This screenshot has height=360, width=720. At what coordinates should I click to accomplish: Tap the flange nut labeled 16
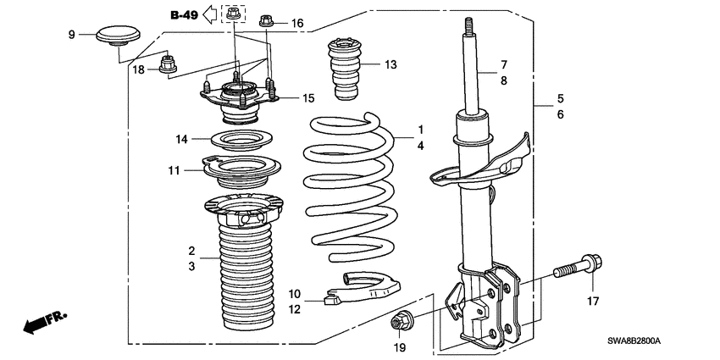point(266,21)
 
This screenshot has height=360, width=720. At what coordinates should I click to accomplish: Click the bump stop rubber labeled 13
point(342,68)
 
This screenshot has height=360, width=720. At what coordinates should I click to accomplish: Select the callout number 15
point(308,99)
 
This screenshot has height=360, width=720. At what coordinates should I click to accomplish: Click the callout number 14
point(181,138)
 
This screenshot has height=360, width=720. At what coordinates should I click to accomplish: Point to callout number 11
point(174,170)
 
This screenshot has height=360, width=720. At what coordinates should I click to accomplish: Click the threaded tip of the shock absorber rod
point(466,25)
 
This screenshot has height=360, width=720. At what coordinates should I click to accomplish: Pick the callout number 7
point(502,64)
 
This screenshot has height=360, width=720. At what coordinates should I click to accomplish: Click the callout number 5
point(559,97)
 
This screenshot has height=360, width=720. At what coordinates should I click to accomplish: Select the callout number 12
point(294,309)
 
